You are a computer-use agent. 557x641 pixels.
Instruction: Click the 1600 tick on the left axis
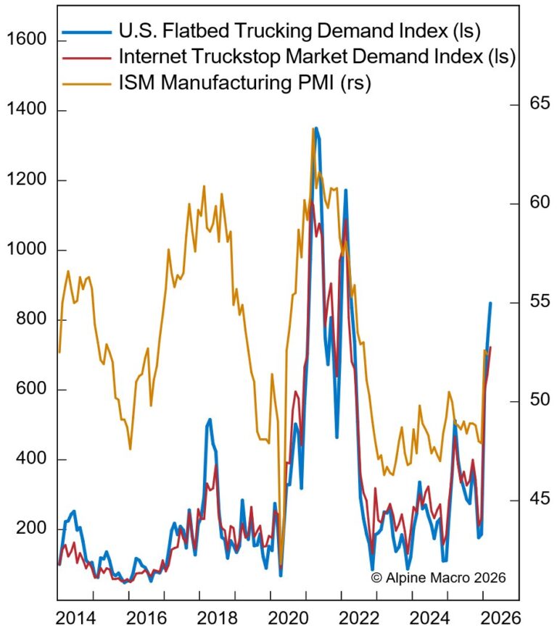point(26,40)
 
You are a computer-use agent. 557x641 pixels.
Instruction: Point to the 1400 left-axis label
point(26,110)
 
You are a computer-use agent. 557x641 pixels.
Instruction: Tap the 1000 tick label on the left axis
point(26,250)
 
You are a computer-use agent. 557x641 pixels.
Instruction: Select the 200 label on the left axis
point(30,529)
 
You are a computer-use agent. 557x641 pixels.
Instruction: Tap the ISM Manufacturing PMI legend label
point(244,83)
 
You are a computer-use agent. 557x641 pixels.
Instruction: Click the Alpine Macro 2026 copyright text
point(438,577)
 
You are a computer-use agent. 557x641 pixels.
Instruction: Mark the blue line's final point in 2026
point(491,303)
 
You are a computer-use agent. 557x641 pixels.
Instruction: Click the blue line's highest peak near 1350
point(315,129)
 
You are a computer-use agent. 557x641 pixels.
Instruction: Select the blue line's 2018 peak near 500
point(210,419)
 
